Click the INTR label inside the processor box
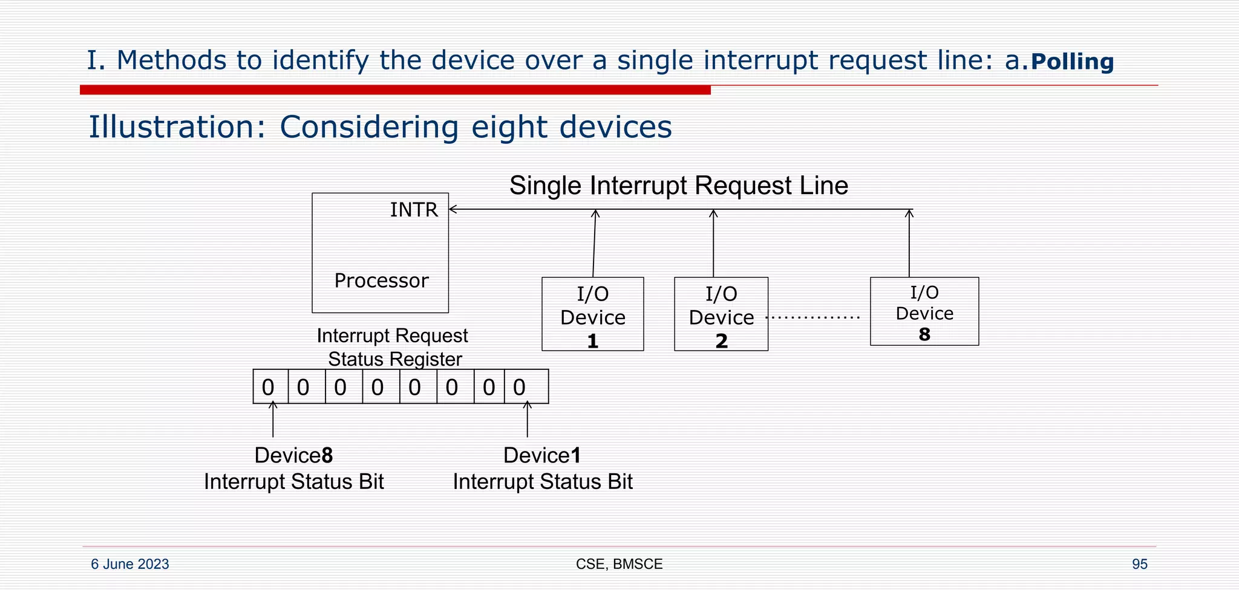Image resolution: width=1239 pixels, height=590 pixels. click(x=414, y=210)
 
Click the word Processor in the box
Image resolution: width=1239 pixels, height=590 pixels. click(x=381, y=280)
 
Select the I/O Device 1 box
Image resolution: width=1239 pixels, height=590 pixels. click(x=592, y=314)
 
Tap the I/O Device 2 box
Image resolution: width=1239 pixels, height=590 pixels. click(x=721, y=314)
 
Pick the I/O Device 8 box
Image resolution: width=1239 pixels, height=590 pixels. click(x=924, y=312)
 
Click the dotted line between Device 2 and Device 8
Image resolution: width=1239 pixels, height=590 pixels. click(x=812, y=317)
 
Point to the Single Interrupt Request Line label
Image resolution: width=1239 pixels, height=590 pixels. click(x=678, y=186)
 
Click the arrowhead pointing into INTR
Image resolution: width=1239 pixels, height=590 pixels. click(x=453, y=209)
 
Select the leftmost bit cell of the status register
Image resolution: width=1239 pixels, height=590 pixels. click(x=270, y=387)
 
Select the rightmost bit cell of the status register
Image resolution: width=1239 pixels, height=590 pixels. click(x=526, y=387)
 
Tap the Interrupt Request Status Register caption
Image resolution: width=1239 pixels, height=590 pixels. click(x=393, y=347)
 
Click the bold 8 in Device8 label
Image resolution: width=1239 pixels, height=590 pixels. click(x=327, y=456)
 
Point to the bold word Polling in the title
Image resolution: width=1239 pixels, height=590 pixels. click(x=1071, y=62)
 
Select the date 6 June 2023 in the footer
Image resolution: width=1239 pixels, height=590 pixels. click(x=130, y=564)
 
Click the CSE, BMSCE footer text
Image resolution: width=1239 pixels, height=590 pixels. click(x=619, y=564)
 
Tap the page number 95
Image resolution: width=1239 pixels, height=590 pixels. click(x=1139, y=564)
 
